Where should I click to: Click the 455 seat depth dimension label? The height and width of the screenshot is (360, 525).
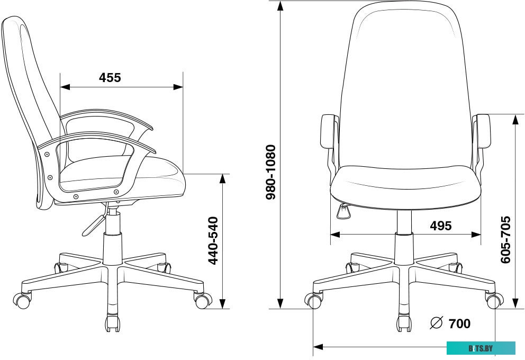pyautogui.click(x=110, y=78)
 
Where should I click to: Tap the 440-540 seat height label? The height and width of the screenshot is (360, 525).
pyautogui.click(x=213, y=241)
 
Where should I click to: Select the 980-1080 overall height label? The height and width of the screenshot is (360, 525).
pyautogui.click(x=270, y=172)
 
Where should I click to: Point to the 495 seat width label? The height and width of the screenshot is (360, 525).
pyautogui.click(x=441, y=226)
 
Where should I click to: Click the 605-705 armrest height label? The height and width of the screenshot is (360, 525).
pyautogui.click(x=506, y=240)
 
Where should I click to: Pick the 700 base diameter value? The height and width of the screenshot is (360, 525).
pyautogui.click(x=459, y=324)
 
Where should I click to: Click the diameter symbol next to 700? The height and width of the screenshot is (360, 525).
pyautogui.click(x=436, y=322)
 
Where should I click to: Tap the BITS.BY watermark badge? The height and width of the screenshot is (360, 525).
pyautogui.click(x=481, y=348)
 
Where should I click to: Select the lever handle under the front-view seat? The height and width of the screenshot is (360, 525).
pyautogui.click(x=343, y=211)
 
